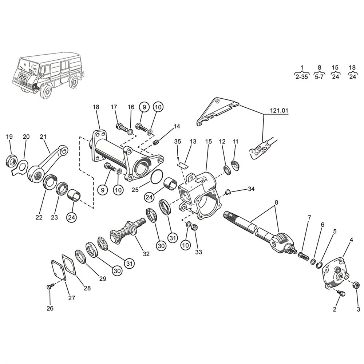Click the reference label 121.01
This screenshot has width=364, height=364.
pos(279,111)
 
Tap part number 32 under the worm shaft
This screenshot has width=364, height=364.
pos(146,254)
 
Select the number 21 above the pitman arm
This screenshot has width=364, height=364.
pos(43,137)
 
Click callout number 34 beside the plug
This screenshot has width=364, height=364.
pos(251,189)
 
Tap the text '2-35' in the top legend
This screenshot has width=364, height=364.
pos(302,77)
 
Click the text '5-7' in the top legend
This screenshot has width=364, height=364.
pos(319,77)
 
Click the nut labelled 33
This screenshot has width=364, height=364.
pos(195,227)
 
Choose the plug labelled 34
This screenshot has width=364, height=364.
pos(227,192)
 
